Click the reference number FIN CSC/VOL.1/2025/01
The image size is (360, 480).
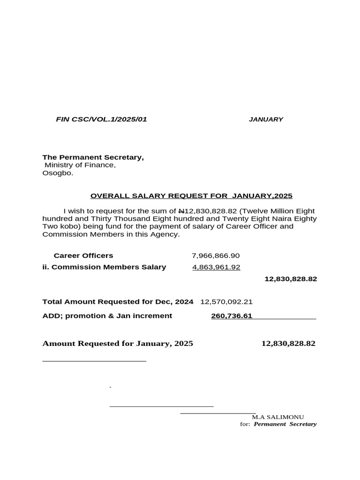pyautogui.click(x=101, y=120)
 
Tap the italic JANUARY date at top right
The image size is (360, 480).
pyautogui.click(x=266, y=120)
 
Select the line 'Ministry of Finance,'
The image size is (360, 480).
pyautogui.click(x=80, y=165)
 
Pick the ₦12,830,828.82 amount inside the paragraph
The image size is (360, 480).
pyautogui.click(x=201, y=211)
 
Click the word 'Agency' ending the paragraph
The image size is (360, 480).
pyautogui.click(x=165, y=234)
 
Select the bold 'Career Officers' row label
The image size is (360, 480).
pyautogui.click(x=83, y=255)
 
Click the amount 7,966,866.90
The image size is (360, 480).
pyautogui.click(x=216, y=255)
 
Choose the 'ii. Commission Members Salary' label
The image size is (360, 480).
pyautogui.click(x=104, y=267)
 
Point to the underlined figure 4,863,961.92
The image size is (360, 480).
pyautogui.click(x=216, y=267)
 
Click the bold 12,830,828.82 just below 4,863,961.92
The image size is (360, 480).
pyautogui.click(x=291, y=279)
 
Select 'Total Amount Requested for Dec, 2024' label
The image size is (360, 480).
pyautogui.click(x=118, y=302)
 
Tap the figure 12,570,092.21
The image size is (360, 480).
pyautogui.click(x=226, y=302)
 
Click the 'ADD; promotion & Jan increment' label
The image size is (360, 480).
pyautogui.click(x=107, y=316)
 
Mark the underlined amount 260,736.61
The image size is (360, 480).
pyautogui.click(x=232, y=316)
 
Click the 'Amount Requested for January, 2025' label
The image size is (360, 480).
pyautogui.click(x=118, y=344)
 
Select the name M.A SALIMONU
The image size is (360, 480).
pyautogui.click(x=278, y=417)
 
